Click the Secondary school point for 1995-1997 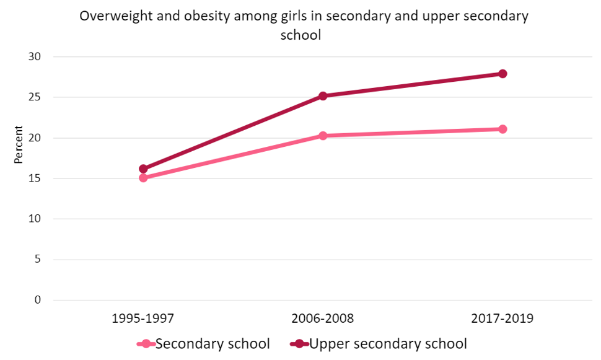coord(143,178)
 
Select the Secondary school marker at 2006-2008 coord(323,136)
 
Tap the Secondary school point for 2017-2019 coord(502,129)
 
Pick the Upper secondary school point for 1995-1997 coord(143,169)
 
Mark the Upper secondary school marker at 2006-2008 coord(323,96)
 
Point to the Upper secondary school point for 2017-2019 coord(502,74)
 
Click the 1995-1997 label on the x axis coord(143,319)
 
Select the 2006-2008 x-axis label coord(323,319)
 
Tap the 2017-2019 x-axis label coord(502,319)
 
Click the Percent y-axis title coord(19,145)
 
